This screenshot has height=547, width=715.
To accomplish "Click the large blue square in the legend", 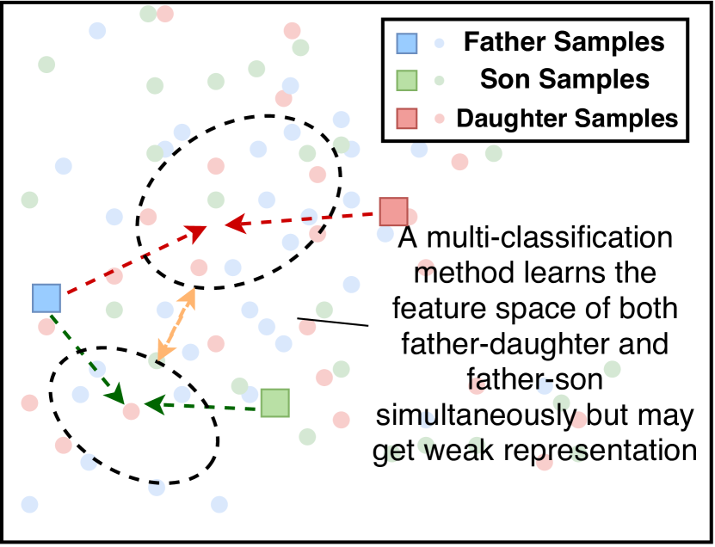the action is coord(406,43).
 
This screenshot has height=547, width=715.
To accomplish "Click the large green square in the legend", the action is coord(406,80).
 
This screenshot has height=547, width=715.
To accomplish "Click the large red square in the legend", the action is coord(406,118).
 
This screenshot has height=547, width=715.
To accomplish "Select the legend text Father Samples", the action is coord(564,42).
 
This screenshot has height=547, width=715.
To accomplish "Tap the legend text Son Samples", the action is coord(564,79).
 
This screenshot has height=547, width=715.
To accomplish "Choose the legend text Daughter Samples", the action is coord(567,118).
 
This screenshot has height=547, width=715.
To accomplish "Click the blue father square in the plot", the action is coord(46,298).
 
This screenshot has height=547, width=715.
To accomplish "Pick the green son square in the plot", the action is coord(275,403).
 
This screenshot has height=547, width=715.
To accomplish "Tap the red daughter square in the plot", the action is coord(394,212).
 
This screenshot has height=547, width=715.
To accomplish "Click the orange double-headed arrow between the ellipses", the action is coord(176,324).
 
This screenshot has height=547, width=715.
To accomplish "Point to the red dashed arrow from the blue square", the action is coord(134,260).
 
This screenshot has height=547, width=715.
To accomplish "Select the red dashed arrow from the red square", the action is coord(302,219).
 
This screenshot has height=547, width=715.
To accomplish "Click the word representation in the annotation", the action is coord(600,451).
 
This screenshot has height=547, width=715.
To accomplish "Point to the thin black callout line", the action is coord(333,322).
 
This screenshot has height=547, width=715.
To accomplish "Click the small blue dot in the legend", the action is coord(439,43).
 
